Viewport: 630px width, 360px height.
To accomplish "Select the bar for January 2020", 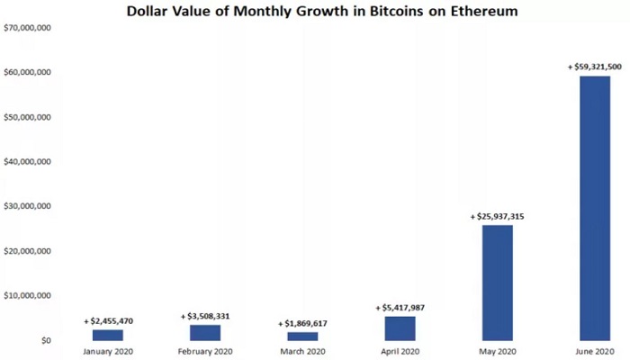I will coord(108,335).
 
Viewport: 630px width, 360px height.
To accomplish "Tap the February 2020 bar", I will coord(205,332).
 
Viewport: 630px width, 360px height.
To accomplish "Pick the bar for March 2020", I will coord(302,336).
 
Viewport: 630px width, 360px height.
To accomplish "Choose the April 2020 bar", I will coord(400,328).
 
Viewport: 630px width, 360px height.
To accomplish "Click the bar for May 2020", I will coord(498,283).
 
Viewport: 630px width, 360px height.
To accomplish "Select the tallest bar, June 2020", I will coord(595,208).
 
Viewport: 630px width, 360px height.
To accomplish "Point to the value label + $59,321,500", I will coord(595,67).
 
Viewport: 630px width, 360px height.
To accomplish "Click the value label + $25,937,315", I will coord(498,217).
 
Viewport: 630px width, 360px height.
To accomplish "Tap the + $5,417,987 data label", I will coord(400,308).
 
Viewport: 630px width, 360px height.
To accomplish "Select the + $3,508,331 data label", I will coord(205,316).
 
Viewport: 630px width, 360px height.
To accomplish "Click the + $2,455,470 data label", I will coord(108,320).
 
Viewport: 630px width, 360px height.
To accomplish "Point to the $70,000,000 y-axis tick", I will coord(28,28).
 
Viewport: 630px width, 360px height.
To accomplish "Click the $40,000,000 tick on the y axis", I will coord(28,162).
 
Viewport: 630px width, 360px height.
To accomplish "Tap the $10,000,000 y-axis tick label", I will coord(28,295).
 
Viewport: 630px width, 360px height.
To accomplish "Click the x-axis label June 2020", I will coord(595,351).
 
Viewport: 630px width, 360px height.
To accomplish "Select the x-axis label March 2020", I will coord(302,351).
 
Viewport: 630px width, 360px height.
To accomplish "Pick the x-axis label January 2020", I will coord(108,351).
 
